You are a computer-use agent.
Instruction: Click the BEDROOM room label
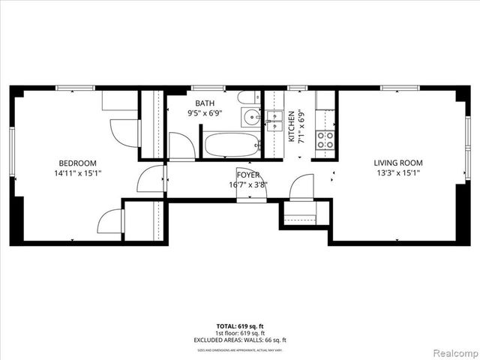pyautogui.click(x=78, y=163)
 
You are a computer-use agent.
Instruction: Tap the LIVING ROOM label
pyautogui.click(x=398, y=163)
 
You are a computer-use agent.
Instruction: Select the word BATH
pyautogui.click(x=204, y=104)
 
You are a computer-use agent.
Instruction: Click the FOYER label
pyautogui.click(x=247, y=174)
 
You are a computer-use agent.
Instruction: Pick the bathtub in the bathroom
pyautogui.click(x=232, y=145)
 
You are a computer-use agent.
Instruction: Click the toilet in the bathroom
pyautogui.click(x=247, y=97)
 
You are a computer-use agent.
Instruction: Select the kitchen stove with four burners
pyautogui.click(x=325, y=139)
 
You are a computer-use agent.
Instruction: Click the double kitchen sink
pyautogui.click(x=274, y=118)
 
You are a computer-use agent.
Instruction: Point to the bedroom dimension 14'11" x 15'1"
pyautogui.click(x=78, y=173)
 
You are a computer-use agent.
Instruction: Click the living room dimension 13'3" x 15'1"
pyautogui.click(x=398, y=172)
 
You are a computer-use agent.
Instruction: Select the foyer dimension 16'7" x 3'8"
pyautogui.click(x=247, y=184)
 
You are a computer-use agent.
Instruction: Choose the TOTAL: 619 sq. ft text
pyautogui.click(x=240, y=326)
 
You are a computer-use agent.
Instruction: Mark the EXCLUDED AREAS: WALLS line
pyautogui.click(x=240, y=340)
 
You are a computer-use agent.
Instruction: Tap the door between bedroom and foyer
pyautogui.click(x=152, y=180)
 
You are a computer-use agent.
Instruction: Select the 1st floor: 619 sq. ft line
pyautogui.click(x=240, y=333)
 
